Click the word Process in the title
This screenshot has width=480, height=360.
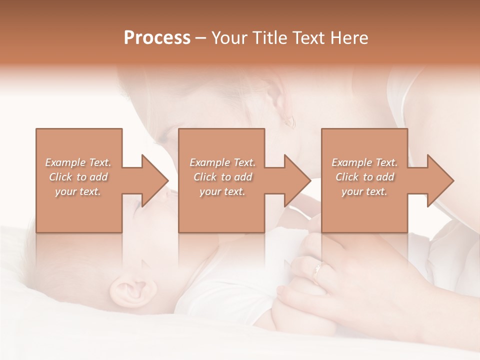(x=157, y=38)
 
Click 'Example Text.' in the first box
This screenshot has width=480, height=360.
(x=78, y=162)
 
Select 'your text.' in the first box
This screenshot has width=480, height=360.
(x=78, y=191)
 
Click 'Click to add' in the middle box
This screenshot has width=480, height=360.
(x=222, y=177)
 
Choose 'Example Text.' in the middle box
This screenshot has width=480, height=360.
(x=222, y=162)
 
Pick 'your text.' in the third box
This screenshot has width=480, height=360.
(x=364, y=191)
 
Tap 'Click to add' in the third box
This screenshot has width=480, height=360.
(x=364, y=177)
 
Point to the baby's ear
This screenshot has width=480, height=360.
(x=129, y=289)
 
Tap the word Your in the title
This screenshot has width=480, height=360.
(x=229, y=38)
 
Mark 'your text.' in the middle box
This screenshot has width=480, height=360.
(x=222, y=191)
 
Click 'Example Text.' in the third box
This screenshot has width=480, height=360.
(x=364, y=162)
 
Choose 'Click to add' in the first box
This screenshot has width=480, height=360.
(x=78, y=177)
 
